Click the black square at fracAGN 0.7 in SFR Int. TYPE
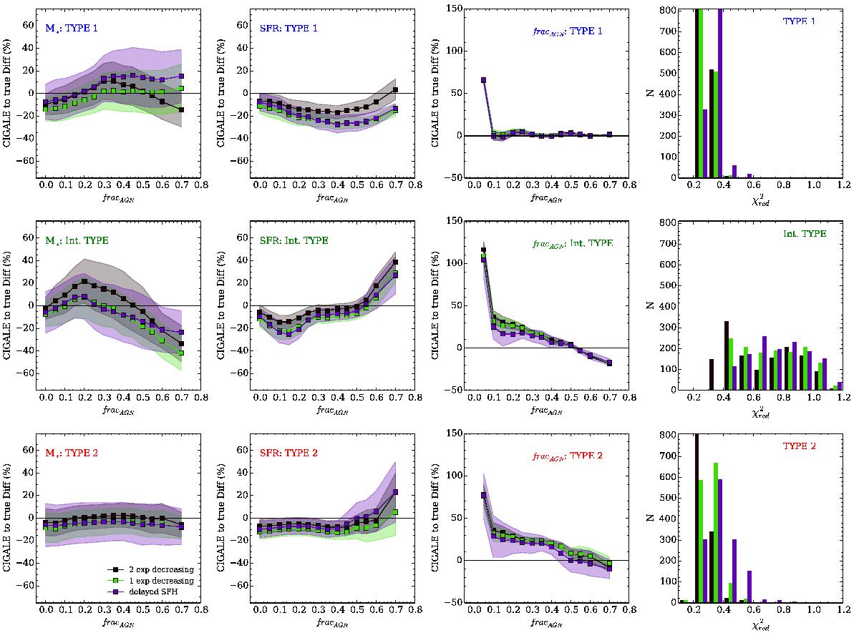click(394, 262)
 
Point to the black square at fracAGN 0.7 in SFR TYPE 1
click(394, 90)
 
